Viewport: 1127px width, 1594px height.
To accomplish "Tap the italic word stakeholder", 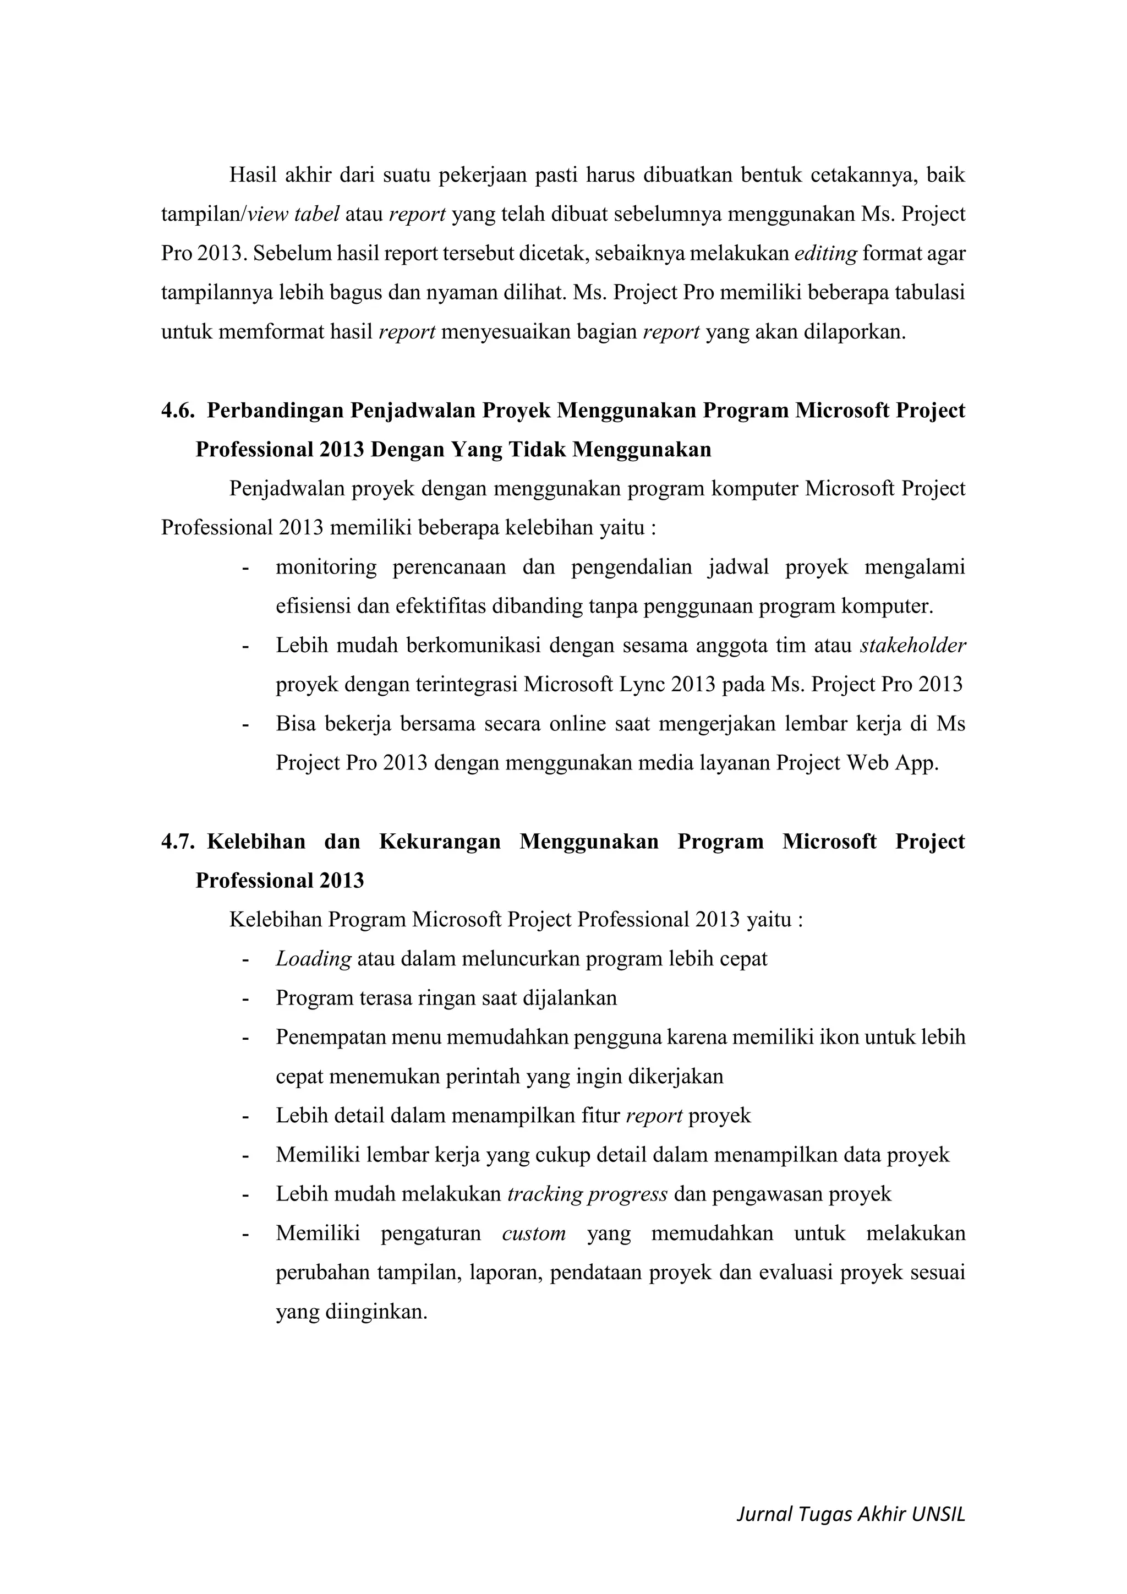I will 912,646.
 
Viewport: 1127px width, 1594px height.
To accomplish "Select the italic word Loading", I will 313,959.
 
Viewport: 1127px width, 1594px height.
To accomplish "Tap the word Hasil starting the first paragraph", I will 253,175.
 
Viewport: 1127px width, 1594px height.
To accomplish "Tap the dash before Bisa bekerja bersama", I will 245,724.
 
